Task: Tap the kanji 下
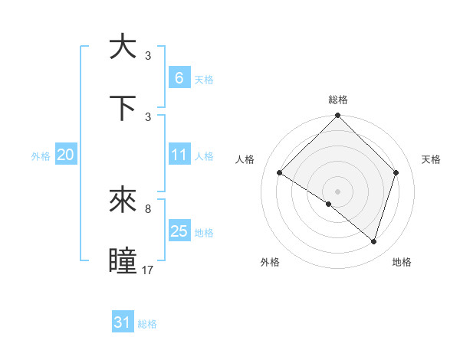(123, 107)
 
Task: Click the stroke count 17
(148, 270)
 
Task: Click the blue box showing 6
(179, 77)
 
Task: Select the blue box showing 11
(179, 155)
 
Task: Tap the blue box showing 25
(179, 231)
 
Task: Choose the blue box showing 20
(65, 155)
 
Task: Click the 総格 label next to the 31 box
(147, 324)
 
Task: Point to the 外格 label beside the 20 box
(41, 155)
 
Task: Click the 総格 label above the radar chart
(337, 100)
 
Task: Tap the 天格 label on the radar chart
(432, 159)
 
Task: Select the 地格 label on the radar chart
(402, 262)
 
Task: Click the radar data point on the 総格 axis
(337, 116)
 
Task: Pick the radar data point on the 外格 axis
(329, 204)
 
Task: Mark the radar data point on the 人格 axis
(280, 173)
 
